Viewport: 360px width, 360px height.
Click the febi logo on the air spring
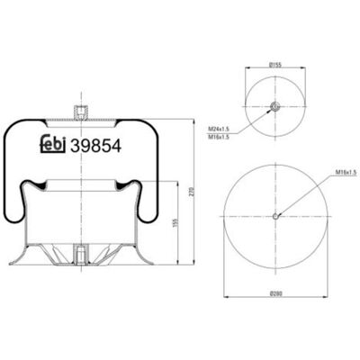[x=53, y=145]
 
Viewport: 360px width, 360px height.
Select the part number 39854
[x=95, y=146]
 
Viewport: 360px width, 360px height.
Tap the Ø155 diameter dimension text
[x=275, y=64]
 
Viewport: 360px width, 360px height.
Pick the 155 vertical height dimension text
[x=176, y=222]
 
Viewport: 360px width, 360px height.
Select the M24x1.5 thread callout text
[x=219, y=129]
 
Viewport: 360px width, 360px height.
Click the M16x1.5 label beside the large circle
[x=346, y=172]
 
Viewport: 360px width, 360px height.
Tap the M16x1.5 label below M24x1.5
[x=219, y=137]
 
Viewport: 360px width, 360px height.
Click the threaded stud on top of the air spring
[x=81, y=112]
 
